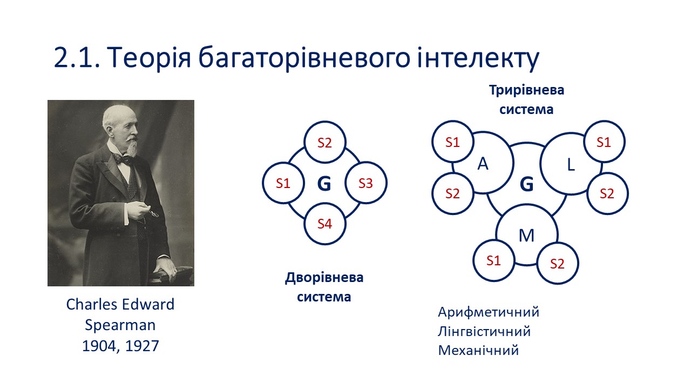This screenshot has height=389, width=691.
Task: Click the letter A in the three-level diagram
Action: pos(483,164)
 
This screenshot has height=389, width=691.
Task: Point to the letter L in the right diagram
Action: pos(571,165)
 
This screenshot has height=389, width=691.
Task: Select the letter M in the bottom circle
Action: pos(526,236)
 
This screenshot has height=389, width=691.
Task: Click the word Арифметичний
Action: pos(489,312)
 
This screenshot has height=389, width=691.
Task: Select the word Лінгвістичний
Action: pos(484,332)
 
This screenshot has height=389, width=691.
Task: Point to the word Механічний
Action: pos(478,351)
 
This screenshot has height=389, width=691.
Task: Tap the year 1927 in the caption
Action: pos(142,346)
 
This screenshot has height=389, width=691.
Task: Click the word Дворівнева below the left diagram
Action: pos(324,278)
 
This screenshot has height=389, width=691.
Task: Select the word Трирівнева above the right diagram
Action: pos(526,90)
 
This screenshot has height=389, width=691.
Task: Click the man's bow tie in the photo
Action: pos(123,159)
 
